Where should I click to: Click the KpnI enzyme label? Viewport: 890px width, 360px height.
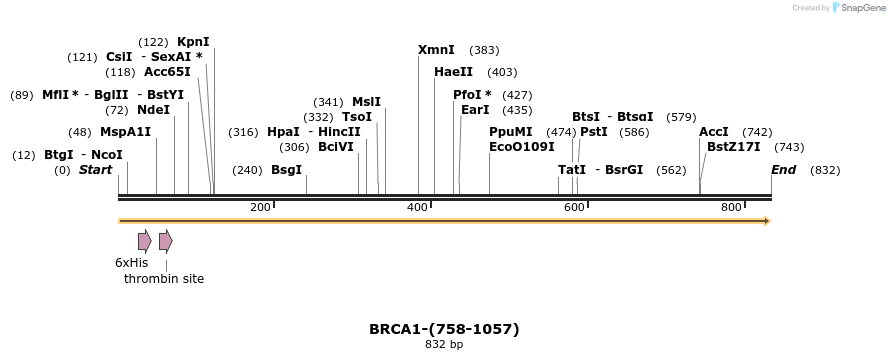(x=193, y=42)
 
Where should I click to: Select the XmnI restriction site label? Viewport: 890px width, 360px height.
(x=436, y=50)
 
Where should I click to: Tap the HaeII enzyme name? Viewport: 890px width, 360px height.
(x=453, y=72)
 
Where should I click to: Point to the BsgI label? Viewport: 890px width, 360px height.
(x=286, y=170)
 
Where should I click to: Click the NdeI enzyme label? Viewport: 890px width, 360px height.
(x=153, y=110)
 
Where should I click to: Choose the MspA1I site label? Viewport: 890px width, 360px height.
(x=125, y=132)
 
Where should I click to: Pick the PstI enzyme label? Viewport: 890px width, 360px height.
(x=594, y=132)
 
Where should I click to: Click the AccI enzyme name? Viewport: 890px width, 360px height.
(x=714, y=132)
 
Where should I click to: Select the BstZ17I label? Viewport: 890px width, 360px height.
(x=733, y=147)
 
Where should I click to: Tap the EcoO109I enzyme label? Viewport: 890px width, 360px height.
(x=521, y=147)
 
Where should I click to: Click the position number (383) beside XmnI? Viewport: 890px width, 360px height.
(x=484, y=50)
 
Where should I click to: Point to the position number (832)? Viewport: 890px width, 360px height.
(x=825, y=170)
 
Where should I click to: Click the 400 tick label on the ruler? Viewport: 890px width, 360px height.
(x=417, y=207)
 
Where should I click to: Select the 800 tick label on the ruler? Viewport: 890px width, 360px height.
(x=731, y=207)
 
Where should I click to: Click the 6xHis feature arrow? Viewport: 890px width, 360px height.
(x=145, y=241)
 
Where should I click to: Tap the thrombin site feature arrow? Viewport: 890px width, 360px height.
(x=166, y=241)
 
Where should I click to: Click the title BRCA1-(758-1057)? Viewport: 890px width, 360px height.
(x=444, y=329)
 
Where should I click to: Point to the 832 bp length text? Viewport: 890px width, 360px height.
(x=444, y=345)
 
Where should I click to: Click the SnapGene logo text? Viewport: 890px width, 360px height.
(x=863, y=8)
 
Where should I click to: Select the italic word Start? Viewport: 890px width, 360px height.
(x=96, y=170)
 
